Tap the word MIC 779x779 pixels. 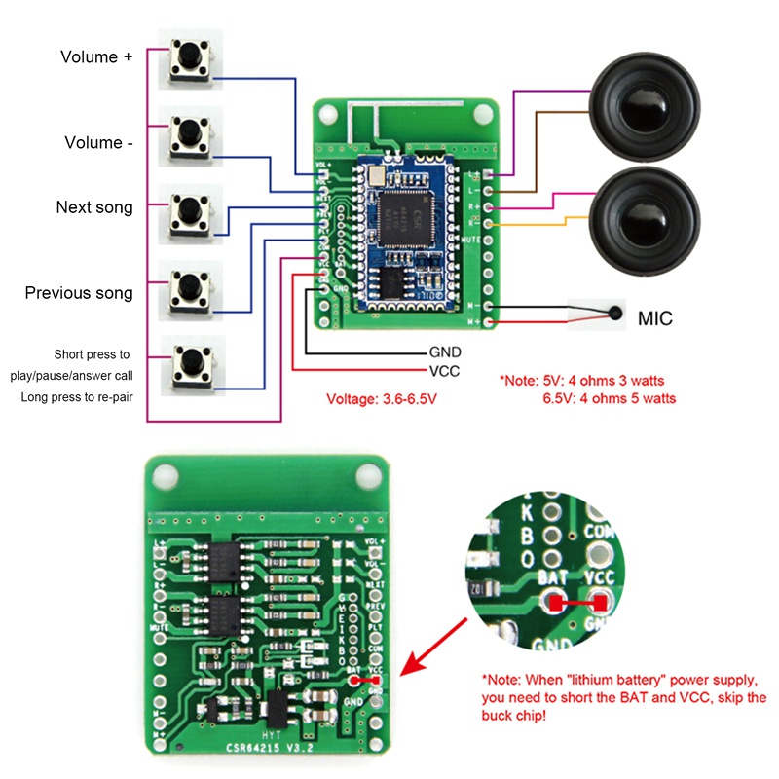click(x=654, y=318)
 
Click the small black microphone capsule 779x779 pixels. click(x=615, y=314)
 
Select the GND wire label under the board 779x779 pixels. click(x=445, y=352)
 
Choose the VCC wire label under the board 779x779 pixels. click(x=444, y=370)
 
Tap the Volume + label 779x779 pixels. click(x=96, y=56)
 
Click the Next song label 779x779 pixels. click(x=94, y=207)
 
